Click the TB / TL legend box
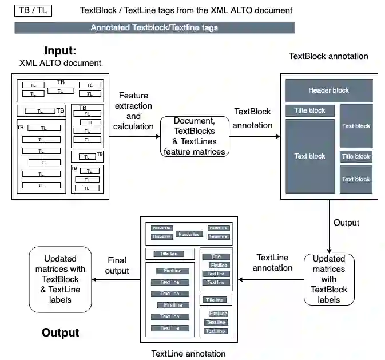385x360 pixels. pos(33,10)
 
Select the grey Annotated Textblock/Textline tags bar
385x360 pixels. pos(154,27)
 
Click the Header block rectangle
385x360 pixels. pos(329,90)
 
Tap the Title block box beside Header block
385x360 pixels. pos(309,110)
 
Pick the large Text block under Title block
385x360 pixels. pos(309,156)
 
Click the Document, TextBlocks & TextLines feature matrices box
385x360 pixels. pos(194,136)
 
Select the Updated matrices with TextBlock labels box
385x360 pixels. pos(329,279)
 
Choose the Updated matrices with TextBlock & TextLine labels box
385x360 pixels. pos(61,279)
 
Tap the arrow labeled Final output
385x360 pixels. pos(117,280)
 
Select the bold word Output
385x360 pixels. pos(61,333)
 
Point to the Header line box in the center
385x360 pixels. pos(189,234)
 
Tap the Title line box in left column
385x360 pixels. pos(169,254)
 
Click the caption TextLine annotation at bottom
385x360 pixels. pos(188,353)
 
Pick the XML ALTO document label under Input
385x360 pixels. pos(61,63)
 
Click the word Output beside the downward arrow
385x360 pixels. pos(346,222)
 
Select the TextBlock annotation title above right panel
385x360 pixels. pos(328,56)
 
